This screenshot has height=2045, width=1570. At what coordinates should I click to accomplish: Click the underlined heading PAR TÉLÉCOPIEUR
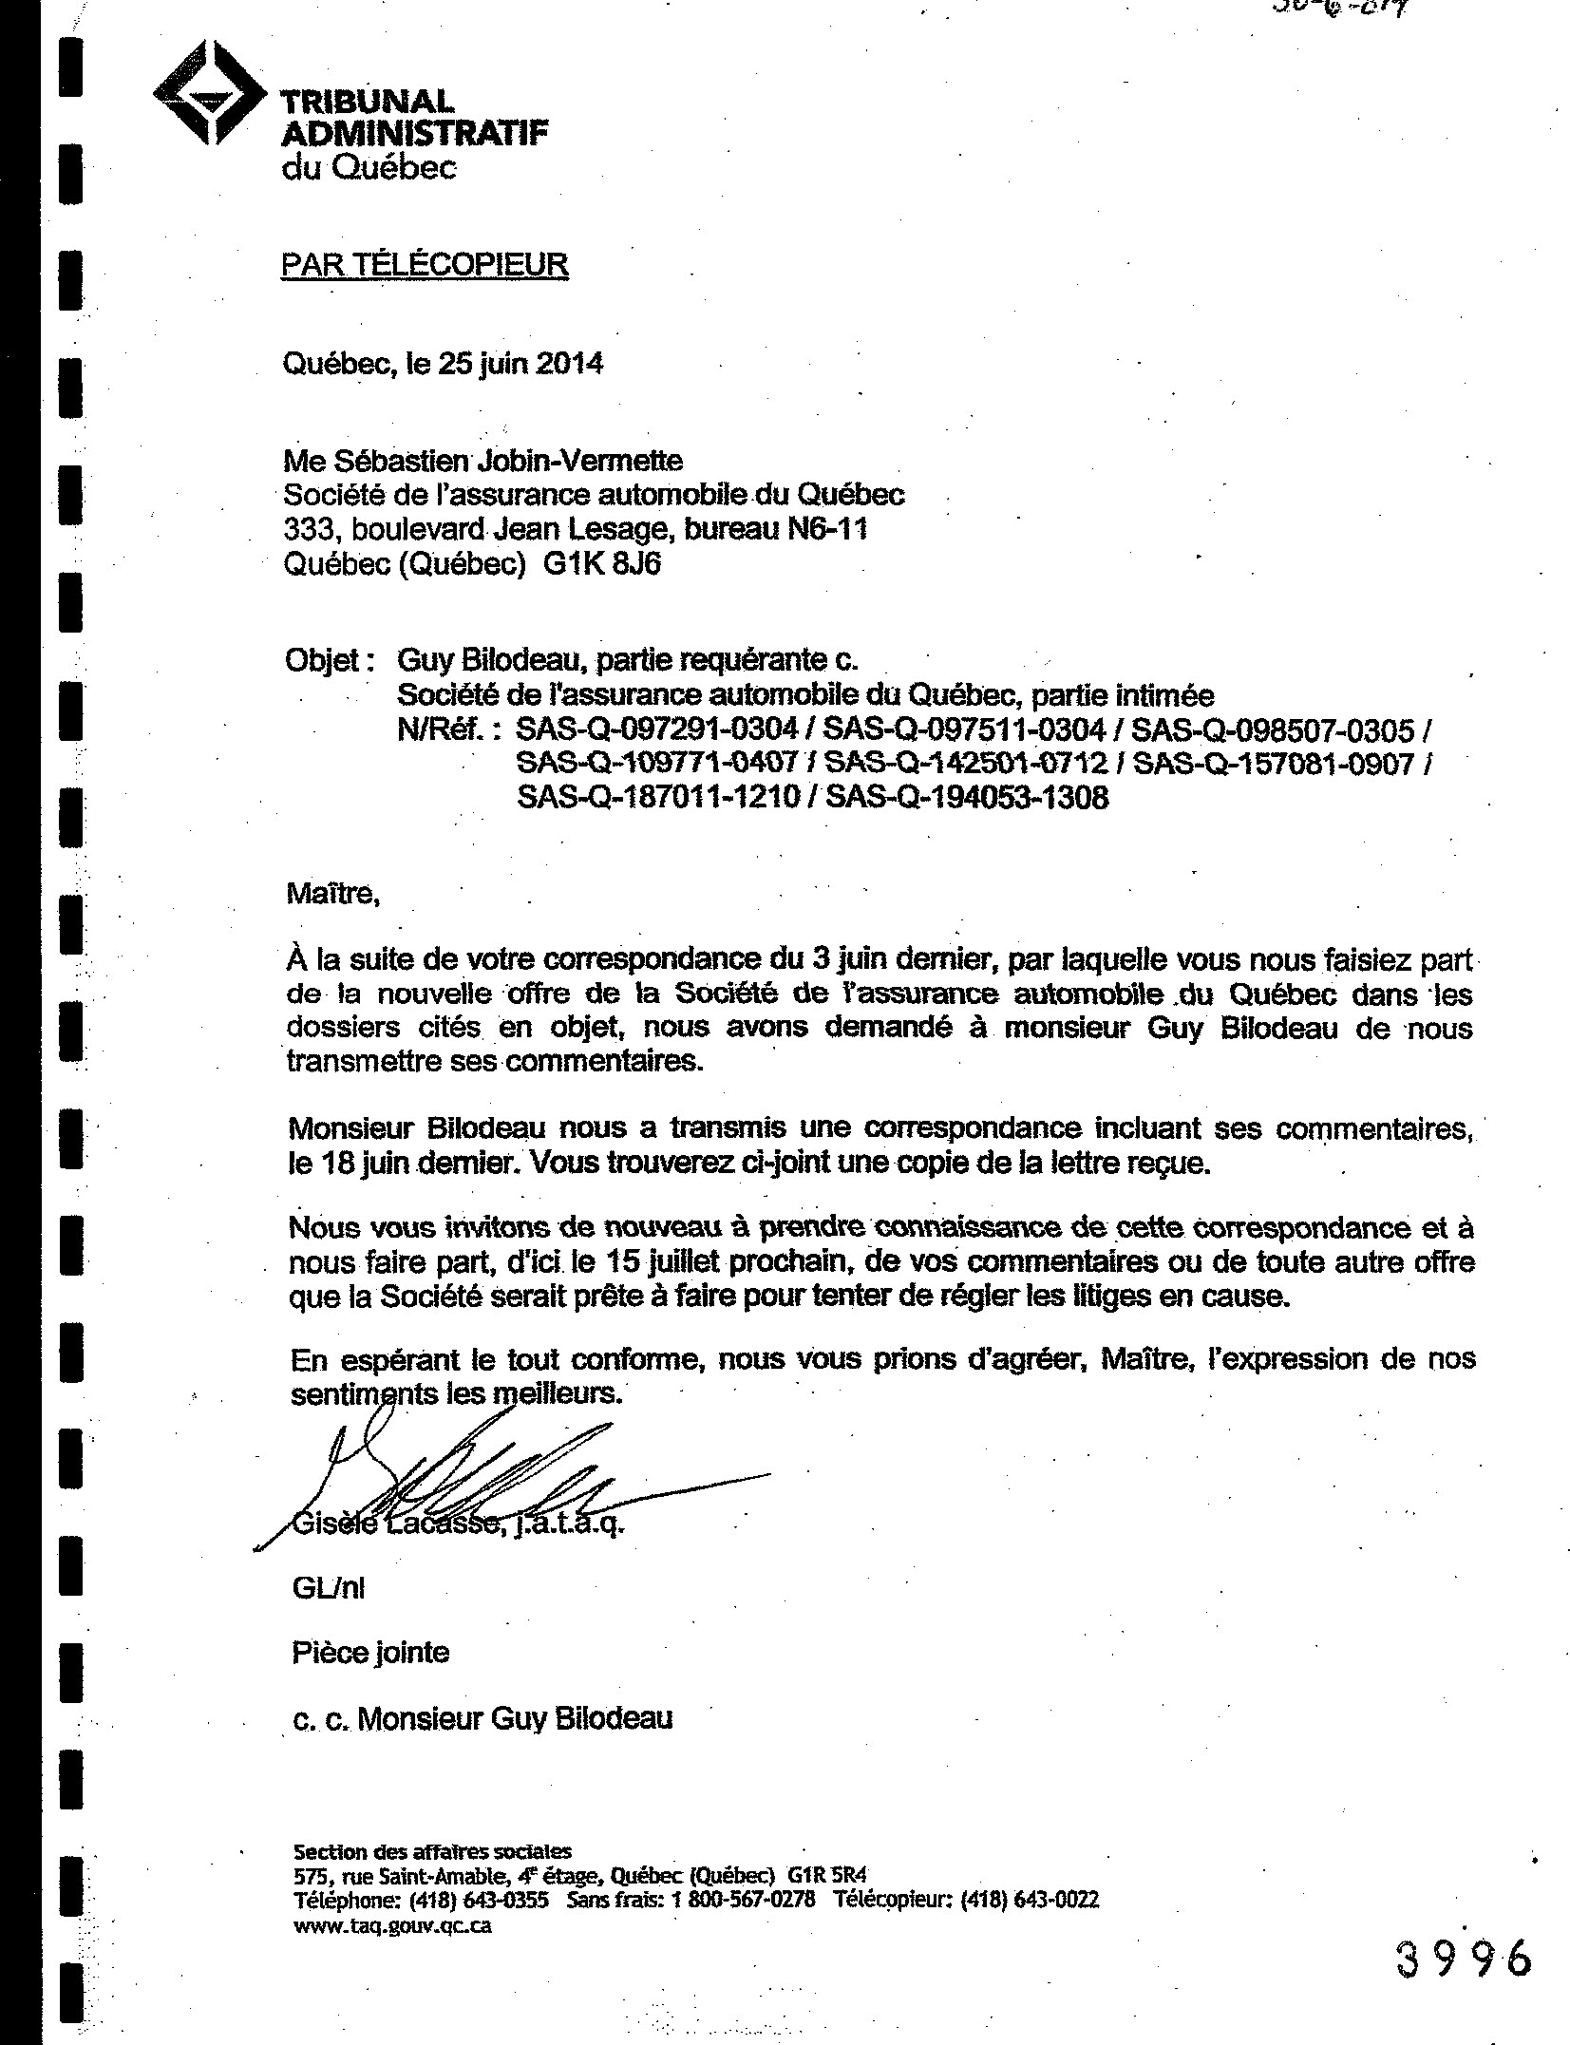[424, 264]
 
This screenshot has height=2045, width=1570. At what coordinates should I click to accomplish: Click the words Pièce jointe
[370, 1653]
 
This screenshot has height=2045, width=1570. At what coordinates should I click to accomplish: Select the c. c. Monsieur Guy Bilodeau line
[482, 1718]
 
